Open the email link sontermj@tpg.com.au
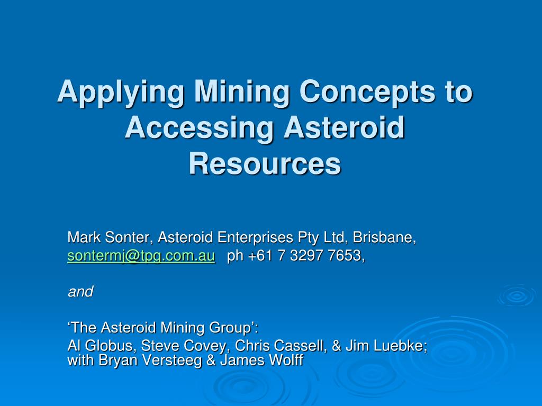141,256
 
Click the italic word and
80,291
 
